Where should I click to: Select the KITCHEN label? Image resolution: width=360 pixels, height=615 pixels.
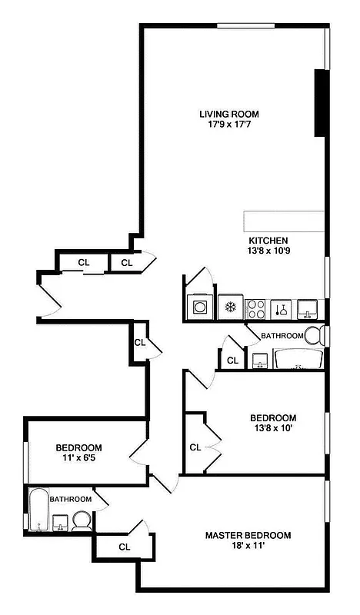point(268,240)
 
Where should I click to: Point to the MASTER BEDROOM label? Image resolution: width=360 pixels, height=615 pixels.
point(248,535)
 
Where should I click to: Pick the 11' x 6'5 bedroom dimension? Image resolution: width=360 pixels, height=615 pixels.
point(78,458)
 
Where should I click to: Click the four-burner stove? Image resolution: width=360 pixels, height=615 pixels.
point(255,308)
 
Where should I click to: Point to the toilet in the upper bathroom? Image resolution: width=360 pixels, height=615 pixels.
point(314,336)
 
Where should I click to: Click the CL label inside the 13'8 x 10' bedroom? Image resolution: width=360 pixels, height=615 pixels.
point(195,447)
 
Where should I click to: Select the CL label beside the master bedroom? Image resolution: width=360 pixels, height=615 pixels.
point(124,547)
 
